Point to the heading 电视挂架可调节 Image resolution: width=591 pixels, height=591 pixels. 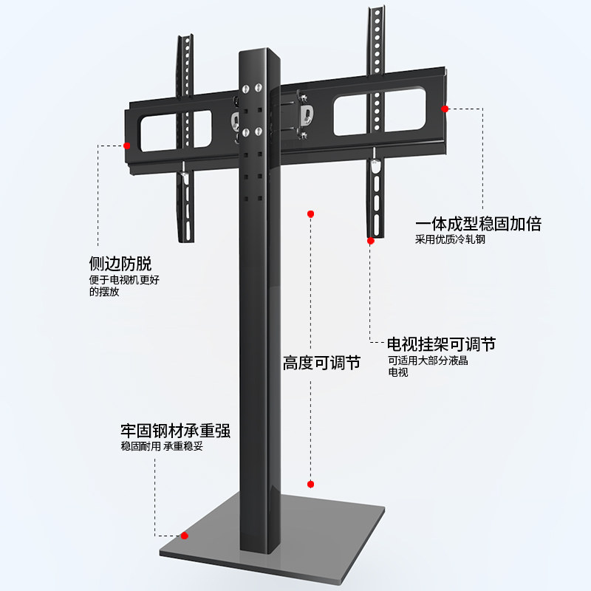441,344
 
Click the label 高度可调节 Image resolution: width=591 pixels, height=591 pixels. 321,363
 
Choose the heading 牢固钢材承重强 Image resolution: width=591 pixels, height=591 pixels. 176,431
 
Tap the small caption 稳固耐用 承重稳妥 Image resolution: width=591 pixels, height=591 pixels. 162,446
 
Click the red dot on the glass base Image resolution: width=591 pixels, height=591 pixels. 185,536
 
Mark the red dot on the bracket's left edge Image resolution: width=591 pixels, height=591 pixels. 127,146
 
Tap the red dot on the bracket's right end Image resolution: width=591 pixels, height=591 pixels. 445,109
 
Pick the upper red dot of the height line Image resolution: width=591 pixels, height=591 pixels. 311,213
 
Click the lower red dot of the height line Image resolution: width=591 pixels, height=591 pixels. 311,484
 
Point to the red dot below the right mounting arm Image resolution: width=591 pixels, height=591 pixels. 371,240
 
